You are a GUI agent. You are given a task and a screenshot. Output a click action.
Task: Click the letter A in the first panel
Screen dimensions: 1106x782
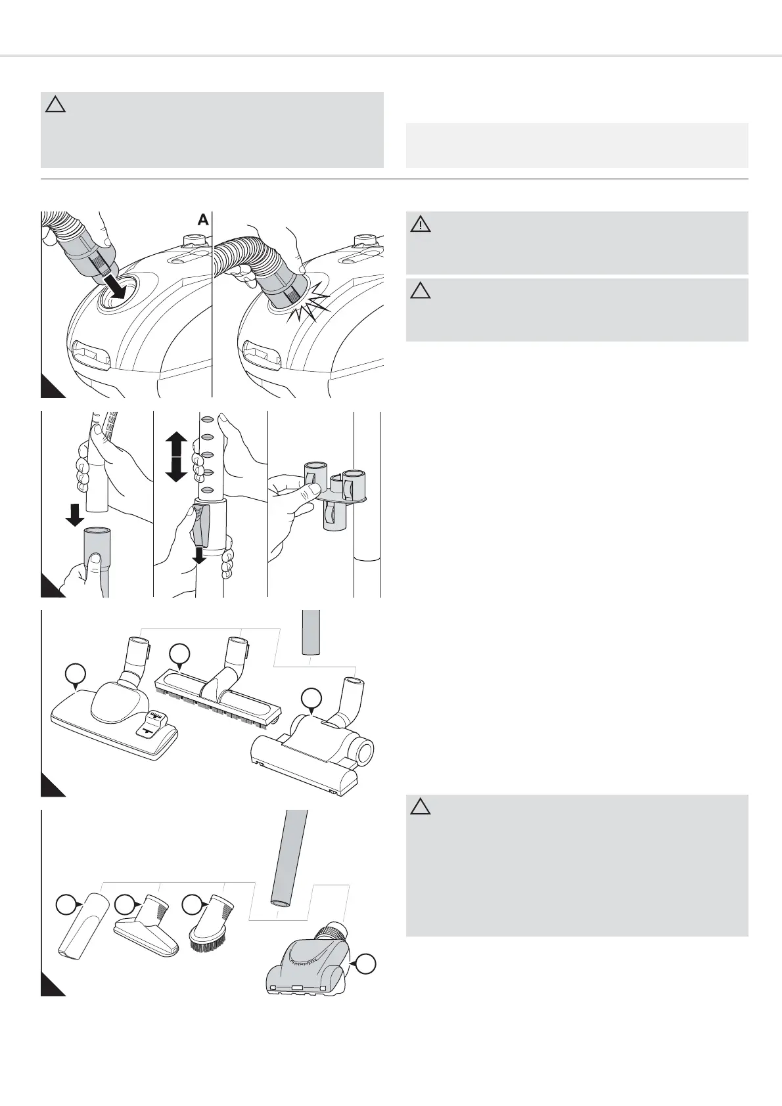[x=203, y=221]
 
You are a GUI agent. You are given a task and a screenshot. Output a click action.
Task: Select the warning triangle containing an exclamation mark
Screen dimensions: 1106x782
[x=421, y=225]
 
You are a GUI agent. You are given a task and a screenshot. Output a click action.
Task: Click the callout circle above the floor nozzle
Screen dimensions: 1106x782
[x=76, y=675]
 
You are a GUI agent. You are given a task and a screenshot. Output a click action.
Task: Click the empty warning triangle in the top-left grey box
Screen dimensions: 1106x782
[x=56, y=104]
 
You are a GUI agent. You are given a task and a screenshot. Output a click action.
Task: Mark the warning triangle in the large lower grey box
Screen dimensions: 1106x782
[x=421, y=807]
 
